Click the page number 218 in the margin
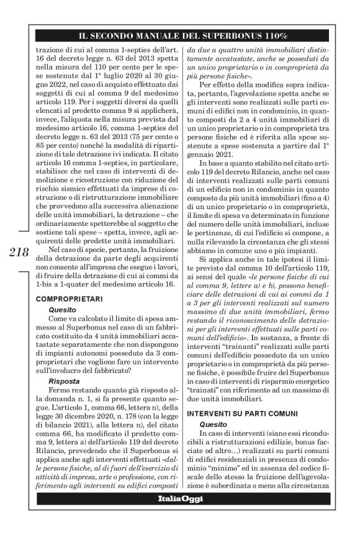coord(19,251)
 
